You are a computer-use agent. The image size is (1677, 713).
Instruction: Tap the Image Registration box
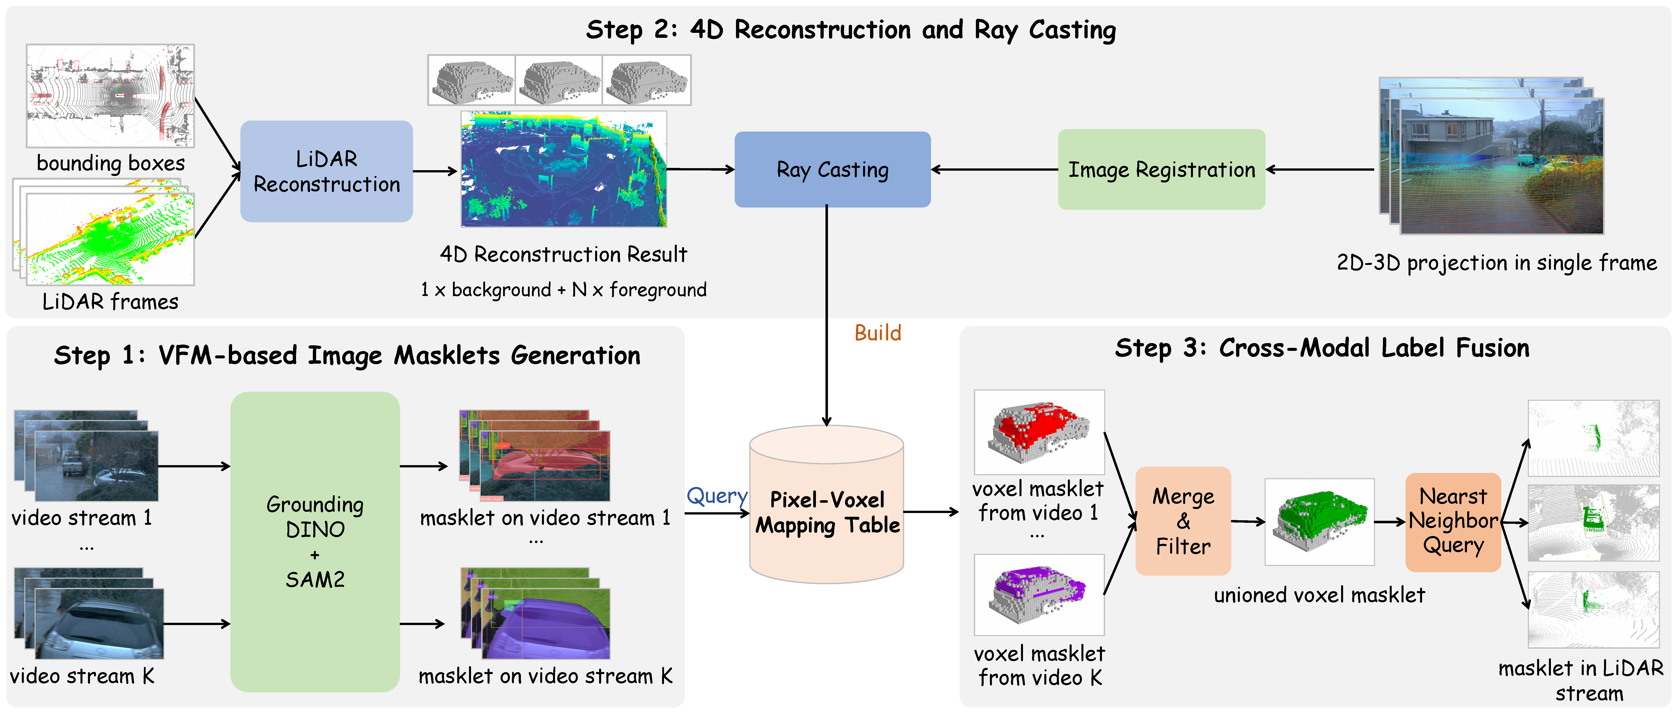[x=1161, y=169]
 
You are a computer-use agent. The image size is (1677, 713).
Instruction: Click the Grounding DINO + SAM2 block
[x=315, y=542]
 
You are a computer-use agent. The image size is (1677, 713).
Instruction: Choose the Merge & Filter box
[x=1183, y=521]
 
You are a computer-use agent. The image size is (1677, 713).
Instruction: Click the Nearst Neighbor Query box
[x=1453, y=522]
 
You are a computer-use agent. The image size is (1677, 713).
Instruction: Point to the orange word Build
[x=878, y=333]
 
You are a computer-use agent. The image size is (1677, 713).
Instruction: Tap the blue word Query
[x=717, y=496]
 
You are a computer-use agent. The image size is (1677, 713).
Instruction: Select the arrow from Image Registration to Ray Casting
[x=995, y=169]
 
